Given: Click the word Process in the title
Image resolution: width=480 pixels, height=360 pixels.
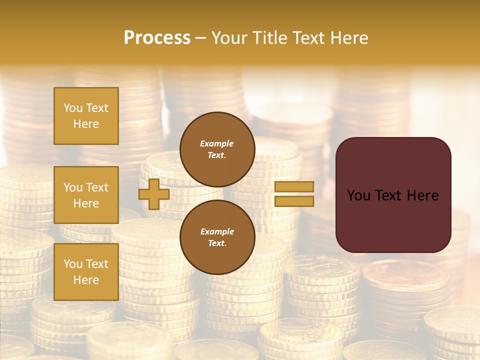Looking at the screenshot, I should [x=157, y=38].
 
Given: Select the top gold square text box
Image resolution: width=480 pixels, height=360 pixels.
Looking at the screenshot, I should [x=86, y=116].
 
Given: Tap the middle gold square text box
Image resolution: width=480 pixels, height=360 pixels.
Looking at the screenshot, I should [x=86, y=195].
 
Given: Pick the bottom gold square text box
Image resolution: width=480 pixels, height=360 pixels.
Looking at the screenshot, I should [x=86, y=272].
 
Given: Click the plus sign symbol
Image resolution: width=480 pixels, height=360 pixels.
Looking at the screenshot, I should [x=154, y=194].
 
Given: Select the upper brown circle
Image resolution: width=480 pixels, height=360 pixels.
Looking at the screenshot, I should [x=217, y=149].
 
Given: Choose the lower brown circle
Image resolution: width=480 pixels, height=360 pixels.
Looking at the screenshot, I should [x=217, y=237].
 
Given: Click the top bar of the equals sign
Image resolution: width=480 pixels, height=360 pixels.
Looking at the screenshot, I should [x=294, y=187].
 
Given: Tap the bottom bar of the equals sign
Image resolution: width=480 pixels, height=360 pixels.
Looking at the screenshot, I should [x=294, y=201].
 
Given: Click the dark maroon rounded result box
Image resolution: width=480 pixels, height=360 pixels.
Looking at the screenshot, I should [x=393, y=195].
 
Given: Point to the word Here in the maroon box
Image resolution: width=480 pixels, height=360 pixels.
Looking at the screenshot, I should [x=422, y=195].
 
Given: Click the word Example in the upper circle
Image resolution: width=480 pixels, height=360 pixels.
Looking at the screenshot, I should [x=217, y=143].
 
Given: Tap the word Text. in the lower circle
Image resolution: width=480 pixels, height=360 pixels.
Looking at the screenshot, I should [x=217, y=243].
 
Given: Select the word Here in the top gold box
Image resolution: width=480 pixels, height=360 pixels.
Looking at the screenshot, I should [x=86, y=124].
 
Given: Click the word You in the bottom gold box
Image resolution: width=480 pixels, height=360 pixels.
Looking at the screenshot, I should [x=73, y=264].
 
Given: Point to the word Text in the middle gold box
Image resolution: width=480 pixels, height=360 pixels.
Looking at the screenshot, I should [x=97, y=187].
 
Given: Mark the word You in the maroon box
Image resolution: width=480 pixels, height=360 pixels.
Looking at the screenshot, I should [x=358, y=195].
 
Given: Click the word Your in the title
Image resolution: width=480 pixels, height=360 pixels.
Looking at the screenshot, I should [x=230, y=38].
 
